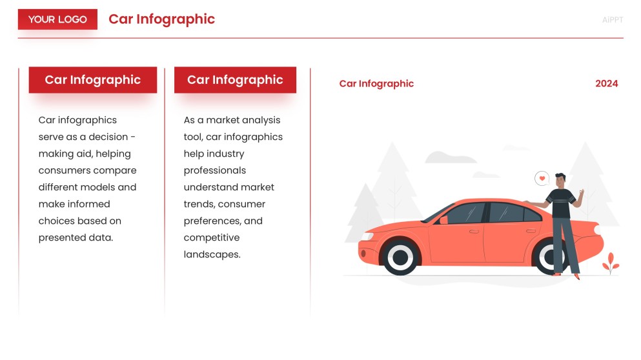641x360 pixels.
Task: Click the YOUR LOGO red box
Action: point(57,19)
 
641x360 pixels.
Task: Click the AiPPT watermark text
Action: point(612,20)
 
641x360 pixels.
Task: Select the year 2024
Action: point(606,83)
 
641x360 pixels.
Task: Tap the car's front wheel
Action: point(401,257)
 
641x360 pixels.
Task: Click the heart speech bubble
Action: point(542,178)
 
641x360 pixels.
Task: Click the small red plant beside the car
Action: point(610,263)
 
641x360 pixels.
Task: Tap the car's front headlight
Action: point(367,236)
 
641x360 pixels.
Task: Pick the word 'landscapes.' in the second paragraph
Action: point(212,254)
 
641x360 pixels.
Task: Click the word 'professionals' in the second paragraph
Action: point(214,170)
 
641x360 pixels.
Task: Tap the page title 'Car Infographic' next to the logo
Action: point(161,19)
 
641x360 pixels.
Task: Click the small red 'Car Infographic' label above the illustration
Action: point(376,83)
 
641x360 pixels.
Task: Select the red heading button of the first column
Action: point(92,80)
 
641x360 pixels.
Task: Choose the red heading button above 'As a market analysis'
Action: point(235,80)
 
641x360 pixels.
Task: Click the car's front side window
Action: point(465,214)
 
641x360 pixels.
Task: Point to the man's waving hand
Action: point(581,194)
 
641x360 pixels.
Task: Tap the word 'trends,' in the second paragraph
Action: point(199,204)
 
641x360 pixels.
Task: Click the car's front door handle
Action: point(474,230)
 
